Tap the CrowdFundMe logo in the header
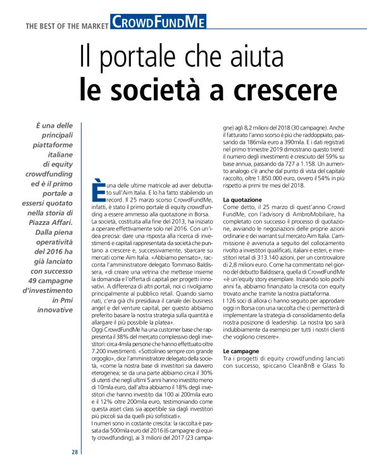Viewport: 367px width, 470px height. coord(158,23)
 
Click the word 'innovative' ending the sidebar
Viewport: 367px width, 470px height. coord(55,310)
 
